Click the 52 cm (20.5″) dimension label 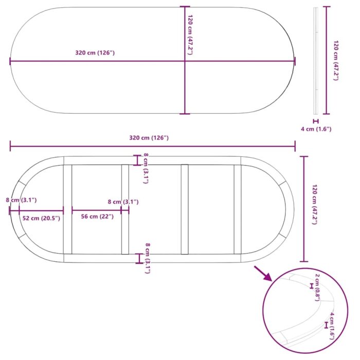coord(41,218)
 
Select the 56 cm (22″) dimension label coord(97,217)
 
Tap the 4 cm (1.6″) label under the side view coord(316,129)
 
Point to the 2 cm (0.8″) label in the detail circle coord(317,287)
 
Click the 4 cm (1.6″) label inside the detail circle coord(332,326)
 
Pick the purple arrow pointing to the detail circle coord(263,273)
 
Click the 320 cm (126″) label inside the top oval coord(95,53)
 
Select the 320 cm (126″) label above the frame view coord(149,138)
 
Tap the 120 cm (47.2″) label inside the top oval coord(190,35)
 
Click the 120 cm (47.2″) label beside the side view coord(336,60)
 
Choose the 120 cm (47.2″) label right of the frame coord(315,204)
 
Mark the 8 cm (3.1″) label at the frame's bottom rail coord(148,258)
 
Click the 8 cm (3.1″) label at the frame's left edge coord(21,200)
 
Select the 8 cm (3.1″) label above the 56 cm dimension coord(123,202)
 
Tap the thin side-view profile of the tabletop coord(316,61)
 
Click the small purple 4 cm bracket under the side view coord(316,121)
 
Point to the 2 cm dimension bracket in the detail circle coord(312,286)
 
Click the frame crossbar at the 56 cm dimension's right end coord(125,209)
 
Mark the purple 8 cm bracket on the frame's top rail coord(137,160)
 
